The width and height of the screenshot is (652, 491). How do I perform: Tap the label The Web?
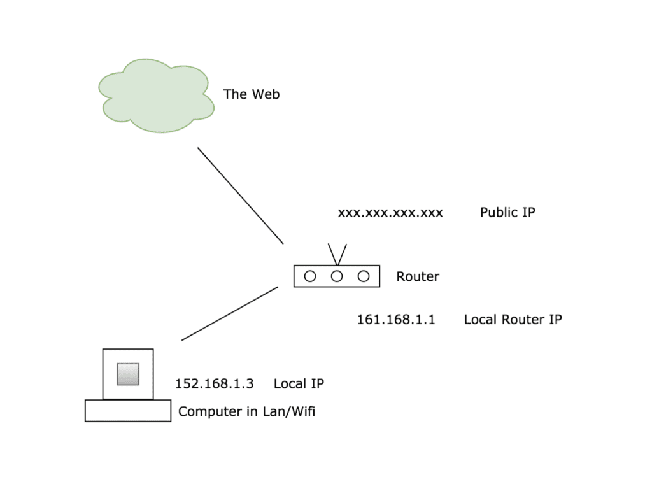tap(251, 94)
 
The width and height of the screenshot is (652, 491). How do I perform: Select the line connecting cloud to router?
tap(240, 196)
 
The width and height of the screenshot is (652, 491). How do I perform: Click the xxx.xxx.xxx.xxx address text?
tap(390, 212)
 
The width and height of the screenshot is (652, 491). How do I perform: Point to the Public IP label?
tap(507, 212)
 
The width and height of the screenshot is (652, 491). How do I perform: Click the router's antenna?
tap(337, 254)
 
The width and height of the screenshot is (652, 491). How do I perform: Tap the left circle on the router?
tap(310, 276)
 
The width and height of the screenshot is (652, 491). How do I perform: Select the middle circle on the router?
tap(337, 276)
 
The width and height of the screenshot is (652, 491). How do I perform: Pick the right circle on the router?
tap(364, 276)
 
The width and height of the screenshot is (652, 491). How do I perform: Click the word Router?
tap(418, 276)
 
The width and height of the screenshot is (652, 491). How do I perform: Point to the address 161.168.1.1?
tap(396, 319)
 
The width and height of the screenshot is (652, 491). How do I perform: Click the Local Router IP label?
tap(513, 319)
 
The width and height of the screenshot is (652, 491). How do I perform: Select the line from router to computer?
tap(230, 313)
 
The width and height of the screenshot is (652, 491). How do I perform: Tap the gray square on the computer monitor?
tap(128, 374)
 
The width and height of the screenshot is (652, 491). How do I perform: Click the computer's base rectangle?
tap(128, 411)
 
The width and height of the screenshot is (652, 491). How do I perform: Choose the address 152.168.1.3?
tap(214, 384)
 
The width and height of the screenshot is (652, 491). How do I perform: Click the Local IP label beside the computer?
tap(299, 384)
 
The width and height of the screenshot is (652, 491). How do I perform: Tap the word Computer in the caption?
tap(207, 412)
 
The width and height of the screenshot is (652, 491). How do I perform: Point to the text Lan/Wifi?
tap(289, 411)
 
